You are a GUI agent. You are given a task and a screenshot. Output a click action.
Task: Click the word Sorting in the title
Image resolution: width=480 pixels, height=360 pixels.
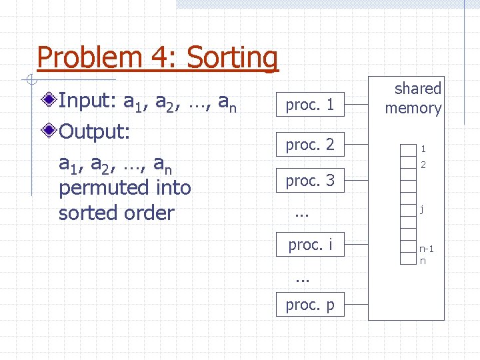click(232, 59)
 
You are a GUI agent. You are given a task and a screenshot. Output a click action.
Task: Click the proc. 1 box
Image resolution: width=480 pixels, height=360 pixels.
click(310, 104)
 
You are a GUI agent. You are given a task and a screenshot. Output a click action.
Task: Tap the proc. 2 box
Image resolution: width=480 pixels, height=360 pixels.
click(310, 144)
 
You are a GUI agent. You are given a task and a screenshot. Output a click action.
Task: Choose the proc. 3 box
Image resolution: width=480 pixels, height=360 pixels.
click(310, 180)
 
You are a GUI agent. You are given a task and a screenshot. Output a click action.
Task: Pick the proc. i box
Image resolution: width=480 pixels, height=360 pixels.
click(310, 245)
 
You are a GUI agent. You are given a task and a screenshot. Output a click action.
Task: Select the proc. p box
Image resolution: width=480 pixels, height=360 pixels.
click(310, 305)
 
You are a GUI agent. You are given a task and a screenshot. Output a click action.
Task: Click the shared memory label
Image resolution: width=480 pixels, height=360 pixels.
click(413, 98)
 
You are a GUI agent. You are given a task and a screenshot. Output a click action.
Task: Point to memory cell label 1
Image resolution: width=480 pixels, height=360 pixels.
click(423, 149)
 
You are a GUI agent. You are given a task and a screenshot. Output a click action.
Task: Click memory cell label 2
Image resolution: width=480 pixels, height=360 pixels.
click(423, 163)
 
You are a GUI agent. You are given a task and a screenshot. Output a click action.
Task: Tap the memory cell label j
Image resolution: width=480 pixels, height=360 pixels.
click(421, 209)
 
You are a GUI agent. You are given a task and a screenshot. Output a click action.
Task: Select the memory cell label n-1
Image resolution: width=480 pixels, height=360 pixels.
click(427, 249)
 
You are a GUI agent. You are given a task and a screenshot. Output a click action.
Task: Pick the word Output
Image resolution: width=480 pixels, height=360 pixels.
click(93, 131)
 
